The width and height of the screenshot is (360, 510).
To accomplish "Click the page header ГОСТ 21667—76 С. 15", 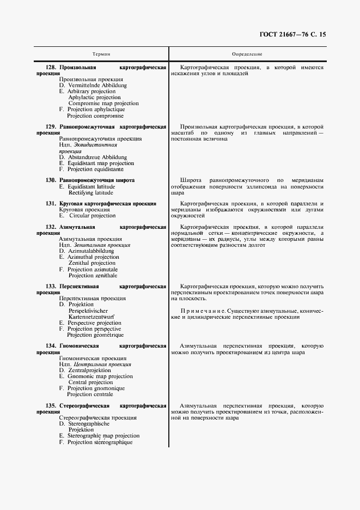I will pos(293,34).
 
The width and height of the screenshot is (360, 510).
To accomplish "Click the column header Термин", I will pos(101,54).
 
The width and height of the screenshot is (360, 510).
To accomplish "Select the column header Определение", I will pos(247,54).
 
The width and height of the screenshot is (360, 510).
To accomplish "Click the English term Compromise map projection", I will pos(103,104).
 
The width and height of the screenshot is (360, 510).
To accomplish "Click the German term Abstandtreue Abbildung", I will pos(97,157).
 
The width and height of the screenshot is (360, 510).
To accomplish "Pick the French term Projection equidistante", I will pos(95,169).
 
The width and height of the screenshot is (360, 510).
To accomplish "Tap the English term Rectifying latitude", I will pos(91,192).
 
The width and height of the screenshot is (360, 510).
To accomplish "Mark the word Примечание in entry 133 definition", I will pos(200,311).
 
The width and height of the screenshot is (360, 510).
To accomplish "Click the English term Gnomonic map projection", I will pos(100,377).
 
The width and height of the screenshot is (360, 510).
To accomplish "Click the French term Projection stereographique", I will pos(100,442).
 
